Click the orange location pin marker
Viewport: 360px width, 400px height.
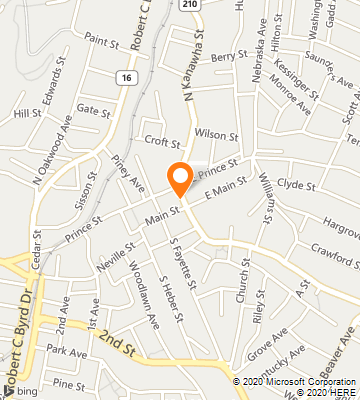point(180,179)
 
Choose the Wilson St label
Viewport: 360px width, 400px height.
point(217,133)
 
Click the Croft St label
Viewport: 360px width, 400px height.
point(161,141)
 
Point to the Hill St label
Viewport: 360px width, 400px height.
point(27,114)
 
